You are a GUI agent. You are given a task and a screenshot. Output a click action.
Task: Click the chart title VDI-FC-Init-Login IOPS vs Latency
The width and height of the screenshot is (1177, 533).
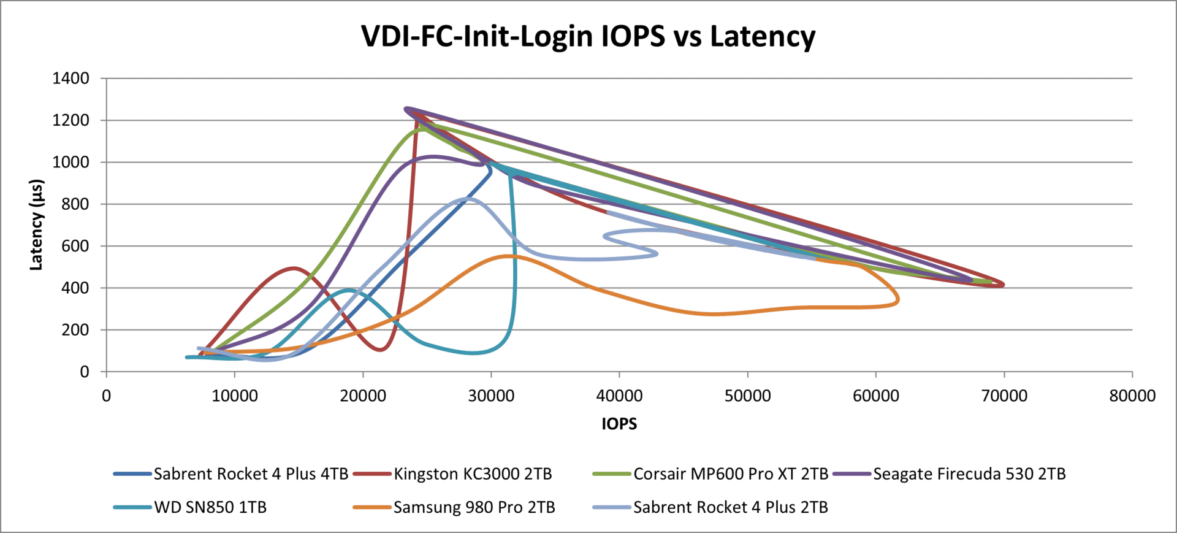(588, 36)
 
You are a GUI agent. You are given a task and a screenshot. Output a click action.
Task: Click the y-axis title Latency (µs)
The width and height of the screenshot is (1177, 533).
(37, 224)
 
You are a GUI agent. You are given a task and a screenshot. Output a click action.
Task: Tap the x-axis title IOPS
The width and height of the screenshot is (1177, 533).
(619, 424)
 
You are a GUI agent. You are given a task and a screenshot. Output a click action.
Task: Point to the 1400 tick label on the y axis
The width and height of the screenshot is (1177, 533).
(71, 79)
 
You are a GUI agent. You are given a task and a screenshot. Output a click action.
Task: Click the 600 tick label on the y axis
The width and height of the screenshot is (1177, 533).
(75, 246)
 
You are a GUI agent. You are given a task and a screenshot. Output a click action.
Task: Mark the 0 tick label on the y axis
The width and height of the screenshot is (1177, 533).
(85, 372)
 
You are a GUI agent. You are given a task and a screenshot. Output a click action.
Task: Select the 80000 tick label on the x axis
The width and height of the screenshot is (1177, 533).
(1132, 396)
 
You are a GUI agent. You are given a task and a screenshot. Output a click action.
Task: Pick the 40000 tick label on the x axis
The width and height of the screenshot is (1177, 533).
(619, 396)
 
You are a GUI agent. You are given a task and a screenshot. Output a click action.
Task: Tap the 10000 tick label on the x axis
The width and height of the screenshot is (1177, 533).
(235, 396)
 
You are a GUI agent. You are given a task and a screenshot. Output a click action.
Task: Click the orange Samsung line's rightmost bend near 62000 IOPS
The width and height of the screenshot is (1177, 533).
(898, 299)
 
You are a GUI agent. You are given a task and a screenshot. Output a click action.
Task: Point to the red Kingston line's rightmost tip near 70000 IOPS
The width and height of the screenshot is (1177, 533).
(1003, 285)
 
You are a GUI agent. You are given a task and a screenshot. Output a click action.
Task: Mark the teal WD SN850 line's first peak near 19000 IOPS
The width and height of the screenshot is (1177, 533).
(349, 290)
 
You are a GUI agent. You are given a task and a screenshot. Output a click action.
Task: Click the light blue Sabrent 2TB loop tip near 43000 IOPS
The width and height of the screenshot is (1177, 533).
(657, 253)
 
